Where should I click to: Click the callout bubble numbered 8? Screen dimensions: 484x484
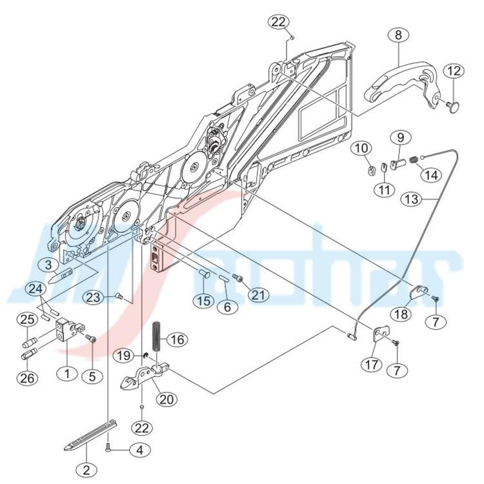click(x=399, y=35)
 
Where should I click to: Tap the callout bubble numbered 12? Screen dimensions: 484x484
click(x=454, y=72)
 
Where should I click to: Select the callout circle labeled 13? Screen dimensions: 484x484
click(x=412, y=199)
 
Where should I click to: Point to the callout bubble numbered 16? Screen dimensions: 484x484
click(x=178, y=340)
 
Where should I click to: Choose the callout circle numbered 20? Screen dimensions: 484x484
click(x=166, y=399)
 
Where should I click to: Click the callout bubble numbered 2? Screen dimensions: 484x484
click(x=86, y=470)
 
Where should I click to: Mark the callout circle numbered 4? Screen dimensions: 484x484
click(x=140, y=450)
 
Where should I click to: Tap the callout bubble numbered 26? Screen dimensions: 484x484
click(x=28, y=378)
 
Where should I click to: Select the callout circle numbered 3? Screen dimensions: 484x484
click(x=48, y=265)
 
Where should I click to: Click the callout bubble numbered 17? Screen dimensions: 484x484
click(x=372, y=365)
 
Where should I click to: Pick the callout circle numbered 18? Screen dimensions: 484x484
click(x=401, y=314)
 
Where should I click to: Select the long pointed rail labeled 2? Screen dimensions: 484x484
click(x=91, y=434)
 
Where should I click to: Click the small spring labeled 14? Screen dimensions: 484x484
click(x=414, y=160)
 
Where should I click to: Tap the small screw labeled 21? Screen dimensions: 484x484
click(x=237, y=278)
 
